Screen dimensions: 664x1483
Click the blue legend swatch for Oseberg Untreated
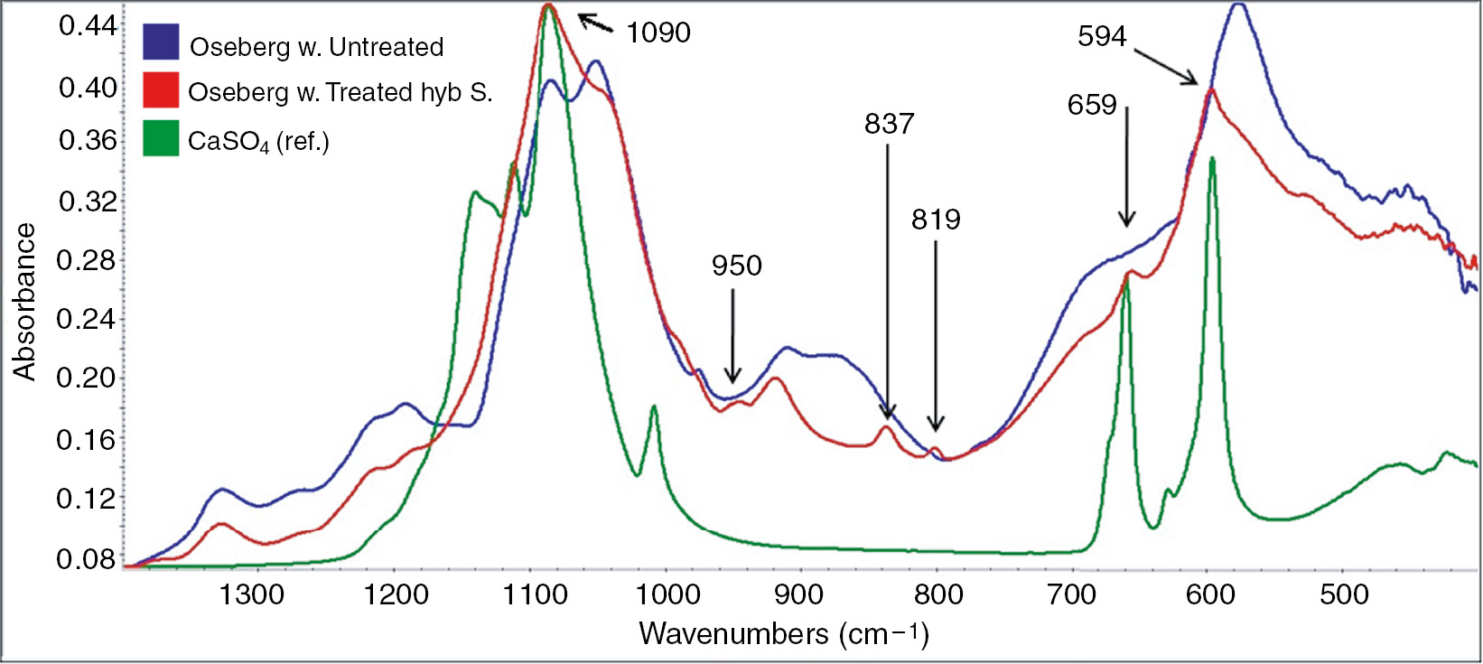coord(161,42)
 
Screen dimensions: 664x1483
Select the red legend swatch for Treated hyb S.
coord(161,90)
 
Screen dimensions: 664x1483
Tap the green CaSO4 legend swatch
coord(161,138)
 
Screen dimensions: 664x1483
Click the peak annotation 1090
coord(658,33)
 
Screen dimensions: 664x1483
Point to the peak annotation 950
coord(736,266)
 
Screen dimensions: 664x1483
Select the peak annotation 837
coord(889,124)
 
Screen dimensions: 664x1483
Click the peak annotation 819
coord(936,220)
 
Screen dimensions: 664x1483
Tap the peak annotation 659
coord(1092,106)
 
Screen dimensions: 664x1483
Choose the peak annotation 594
coord(1102,36)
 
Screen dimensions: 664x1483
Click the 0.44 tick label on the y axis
coord(88,25)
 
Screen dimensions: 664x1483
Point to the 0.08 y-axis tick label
coord(88,559)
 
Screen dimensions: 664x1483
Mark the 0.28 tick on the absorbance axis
coord(88,260)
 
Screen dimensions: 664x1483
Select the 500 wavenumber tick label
coord(1344,594)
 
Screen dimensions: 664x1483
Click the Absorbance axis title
coord(24,302)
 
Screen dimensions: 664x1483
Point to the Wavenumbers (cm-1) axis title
coord(783,633)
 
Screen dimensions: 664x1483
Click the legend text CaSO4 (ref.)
coord(258,141)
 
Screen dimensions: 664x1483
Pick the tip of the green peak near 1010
coord(653,407)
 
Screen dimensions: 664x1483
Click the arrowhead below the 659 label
coord(1126,223)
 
